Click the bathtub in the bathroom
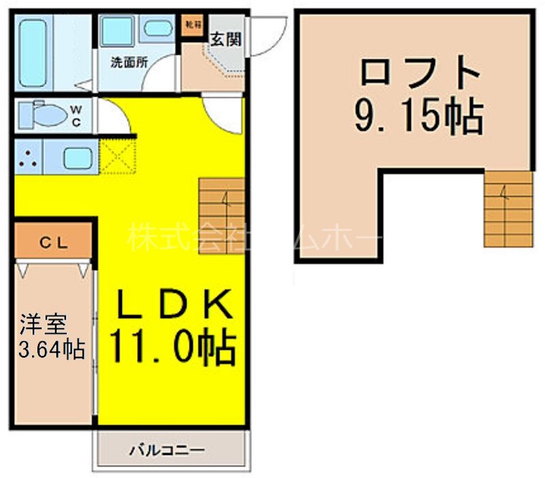pos(32,52)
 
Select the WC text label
pos(76,116)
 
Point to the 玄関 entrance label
pos(225,39)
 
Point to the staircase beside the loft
pos(508,208)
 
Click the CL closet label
pos(52,243)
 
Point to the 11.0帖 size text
pos(170,347)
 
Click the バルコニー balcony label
pos(167,451)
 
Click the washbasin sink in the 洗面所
pos(159,29)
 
